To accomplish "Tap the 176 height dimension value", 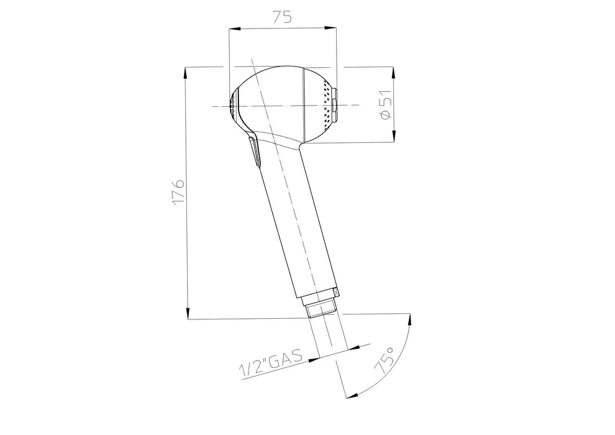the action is (178, 192).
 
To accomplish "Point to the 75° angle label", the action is (385, 360).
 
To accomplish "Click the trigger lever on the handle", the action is (254, 150).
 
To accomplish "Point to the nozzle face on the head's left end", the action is (233, 105).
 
